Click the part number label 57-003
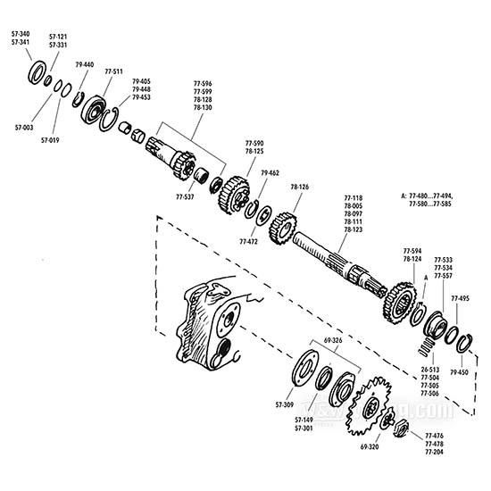25,128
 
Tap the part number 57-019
48,139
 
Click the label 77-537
185,196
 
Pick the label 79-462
269,172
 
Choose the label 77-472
249,241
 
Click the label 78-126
299,187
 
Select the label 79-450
460,371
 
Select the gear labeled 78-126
287,228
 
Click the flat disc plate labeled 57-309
305,372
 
